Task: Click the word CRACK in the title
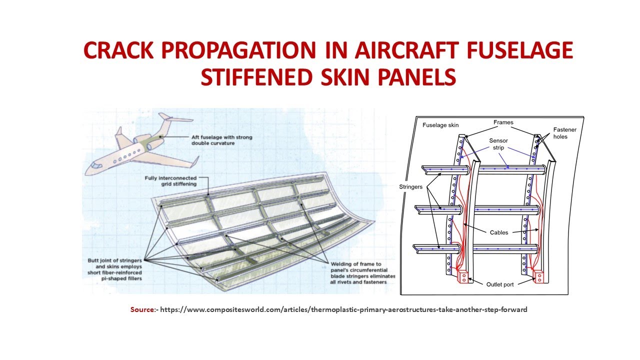pos(118,50)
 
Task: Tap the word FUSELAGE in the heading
pos(520,50)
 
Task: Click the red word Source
pos(142,309)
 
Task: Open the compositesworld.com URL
pos(343,309)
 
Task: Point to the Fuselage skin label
pos(440,125)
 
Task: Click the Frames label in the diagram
pos(503,122)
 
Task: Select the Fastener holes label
pos(564,133)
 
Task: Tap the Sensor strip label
pos(498,144)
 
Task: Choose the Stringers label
pos(410,187)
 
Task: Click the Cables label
pos(499,232)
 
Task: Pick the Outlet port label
pos(499,284)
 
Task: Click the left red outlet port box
pos(463,277)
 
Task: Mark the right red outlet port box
pos(538,276)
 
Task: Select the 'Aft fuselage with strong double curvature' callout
pos(221,140)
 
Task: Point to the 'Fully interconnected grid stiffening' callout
pos(170,181)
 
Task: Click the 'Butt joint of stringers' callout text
pos(114,269)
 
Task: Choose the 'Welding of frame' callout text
pos(363,273)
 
